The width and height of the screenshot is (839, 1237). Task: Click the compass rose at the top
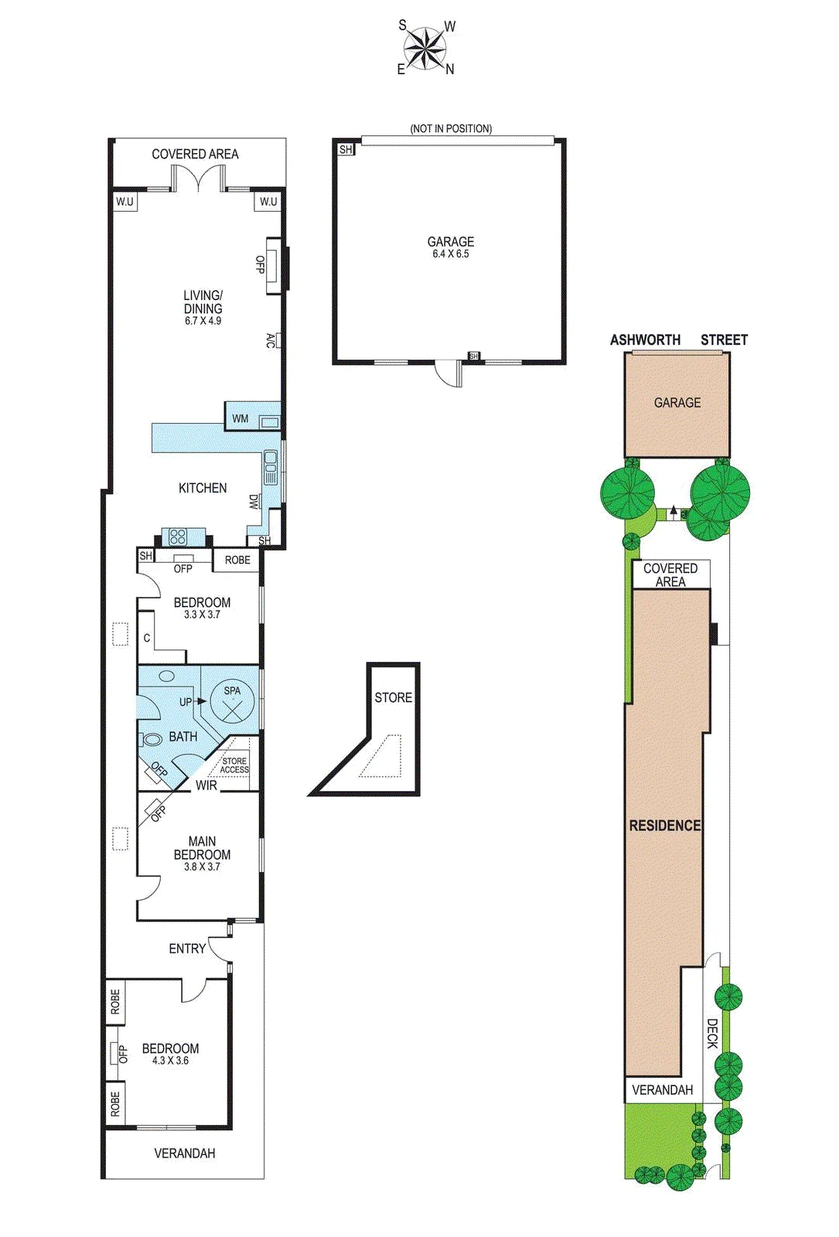[425, 48]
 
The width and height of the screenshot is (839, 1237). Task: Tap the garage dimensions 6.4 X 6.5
[451, 254]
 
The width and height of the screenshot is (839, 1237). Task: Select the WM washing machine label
[240, 418]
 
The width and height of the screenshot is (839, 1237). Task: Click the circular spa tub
[233, 701]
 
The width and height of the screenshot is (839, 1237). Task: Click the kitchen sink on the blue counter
[271, 467]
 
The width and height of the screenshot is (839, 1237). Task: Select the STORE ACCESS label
[235, 765]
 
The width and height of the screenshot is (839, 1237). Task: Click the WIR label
[206, 785]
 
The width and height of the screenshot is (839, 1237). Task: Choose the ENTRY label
[187, 949]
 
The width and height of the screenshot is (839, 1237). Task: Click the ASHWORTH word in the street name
[645, 339]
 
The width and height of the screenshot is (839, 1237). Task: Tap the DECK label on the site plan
[712, 1034]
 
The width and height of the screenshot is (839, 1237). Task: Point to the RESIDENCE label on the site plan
[665, 826]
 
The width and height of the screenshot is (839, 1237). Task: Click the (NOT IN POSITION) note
[451, 128]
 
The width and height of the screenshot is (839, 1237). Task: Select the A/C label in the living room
[271, 340]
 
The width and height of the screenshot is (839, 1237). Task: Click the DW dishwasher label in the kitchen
[254, 502]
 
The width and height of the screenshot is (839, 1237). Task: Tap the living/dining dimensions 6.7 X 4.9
[203, 321]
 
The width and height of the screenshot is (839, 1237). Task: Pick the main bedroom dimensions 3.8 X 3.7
[202, 867]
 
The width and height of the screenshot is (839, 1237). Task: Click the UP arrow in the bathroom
[201, 701]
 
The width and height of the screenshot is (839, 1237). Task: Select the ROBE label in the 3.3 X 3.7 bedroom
[237, 560]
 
